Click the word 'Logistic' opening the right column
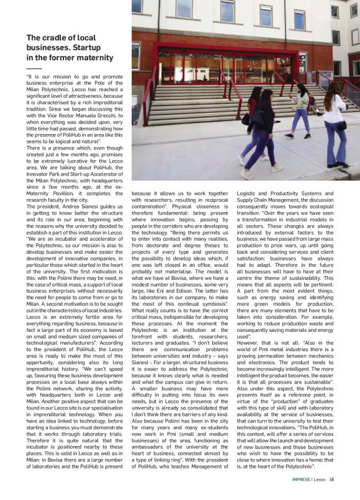(x=248, y=194)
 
